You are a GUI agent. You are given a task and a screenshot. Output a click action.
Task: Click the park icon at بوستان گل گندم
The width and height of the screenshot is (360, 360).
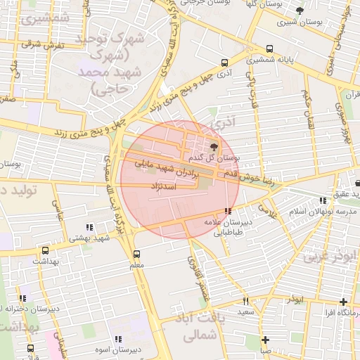214,146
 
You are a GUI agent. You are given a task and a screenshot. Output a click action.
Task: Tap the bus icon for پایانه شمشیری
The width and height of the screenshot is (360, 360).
271,49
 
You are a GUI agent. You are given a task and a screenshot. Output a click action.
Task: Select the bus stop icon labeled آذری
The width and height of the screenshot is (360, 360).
224,62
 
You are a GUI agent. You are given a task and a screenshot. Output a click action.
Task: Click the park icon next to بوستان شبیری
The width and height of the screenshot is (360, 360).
300,11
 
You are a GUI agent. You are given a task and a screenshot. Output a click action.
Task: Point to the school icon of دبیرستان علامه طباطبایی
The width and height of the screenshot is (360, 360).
227,211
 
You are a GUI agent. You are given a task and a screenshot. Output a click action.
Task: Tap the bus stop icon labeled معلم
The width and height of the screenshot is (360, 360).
136,254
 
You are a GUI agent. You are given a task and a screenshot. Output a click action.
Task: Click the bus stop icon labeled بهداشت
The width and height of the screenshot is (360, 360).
46,250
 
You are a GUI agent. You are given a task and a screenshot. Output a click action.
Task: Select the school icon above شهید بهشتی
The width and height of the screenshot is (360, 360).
89,227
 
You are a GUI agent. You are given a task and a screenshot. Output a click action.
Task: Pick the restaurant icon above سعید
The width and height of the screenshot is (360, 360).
245,301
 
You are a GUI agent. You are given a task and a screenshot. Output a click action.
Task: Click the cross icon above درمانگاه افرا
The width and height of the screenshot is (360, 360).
343,301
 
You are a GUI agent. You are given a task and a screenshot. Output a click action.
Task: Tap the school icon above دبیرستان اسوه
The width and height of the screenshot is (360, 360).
127,339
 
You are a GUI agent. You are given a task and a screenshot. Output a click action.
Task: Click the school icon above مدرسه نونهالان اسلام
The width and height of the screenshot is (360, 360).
323,200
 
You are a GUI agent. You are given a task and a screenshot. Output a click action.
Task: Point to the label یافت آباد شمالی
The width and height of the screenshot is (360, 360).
195,328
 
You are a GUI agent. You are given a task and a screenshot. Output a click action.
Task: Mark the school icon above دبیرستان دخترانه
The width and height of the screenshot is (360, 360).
24,298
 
